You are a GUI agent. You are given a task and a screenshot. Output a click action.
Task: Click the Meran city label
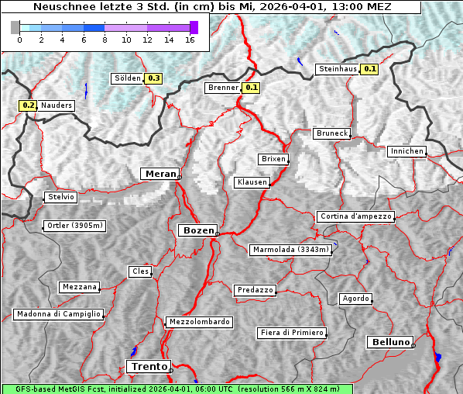[x=160, y=174]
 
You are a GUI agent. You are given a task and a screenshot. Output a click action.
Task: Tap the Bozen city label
[x=197, y=230]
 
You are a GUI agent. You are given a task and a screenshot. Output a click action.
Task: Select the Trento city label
[x=148, y=366]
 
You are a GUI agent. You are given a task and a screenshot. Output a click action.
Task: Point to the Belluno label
[x=389, y=341]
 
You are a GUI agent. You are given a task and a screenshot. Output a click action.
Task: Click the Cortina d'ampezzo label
[x=355, y=216]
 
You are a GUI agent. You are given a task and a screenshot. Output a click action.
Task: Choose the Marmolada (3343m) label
[x=290, y=250]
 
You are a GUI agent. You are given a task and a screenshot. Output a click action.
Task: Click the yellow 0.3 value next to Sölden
[x=153, y=78]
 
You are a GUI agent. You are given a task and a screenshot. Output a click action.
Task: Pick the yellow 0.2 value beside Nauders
[x=29, y=105]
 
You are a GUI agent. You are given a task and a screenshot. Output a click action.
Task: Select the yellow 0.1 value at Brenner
[x=251, y=88]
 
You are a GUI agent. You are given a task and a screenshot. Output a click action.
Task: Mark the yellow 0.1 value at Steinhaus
[x=370, y=69]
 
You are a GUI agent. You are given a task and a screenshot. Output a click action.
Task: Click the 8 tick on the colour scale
[x=105, y=39]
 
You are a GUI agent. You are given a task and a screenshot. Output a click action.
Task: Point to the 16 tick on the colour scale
[x=190, y=39]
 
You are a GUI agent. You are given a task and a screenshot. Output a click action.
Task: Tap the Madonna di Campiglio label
[x=58, y=314]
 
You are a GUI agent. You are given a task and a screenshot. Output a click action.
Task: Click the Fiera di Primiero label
[x=291, y=333]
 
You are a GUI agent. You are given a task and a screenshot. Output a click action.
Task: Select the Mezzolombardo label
[x=198, y=322]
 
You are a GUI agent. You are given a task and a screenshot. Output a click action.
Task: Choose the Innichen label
[x=406, y=151]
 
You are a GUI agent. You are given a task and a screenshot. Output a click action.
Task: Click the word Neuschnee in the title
[x=59, y=7]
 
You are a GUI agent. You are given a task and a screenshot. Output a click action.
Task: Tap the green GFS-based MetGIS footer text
[x=177, y=389]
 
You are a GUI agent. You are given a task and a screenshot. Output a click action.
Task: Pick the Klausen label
[x=251, y=182]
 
